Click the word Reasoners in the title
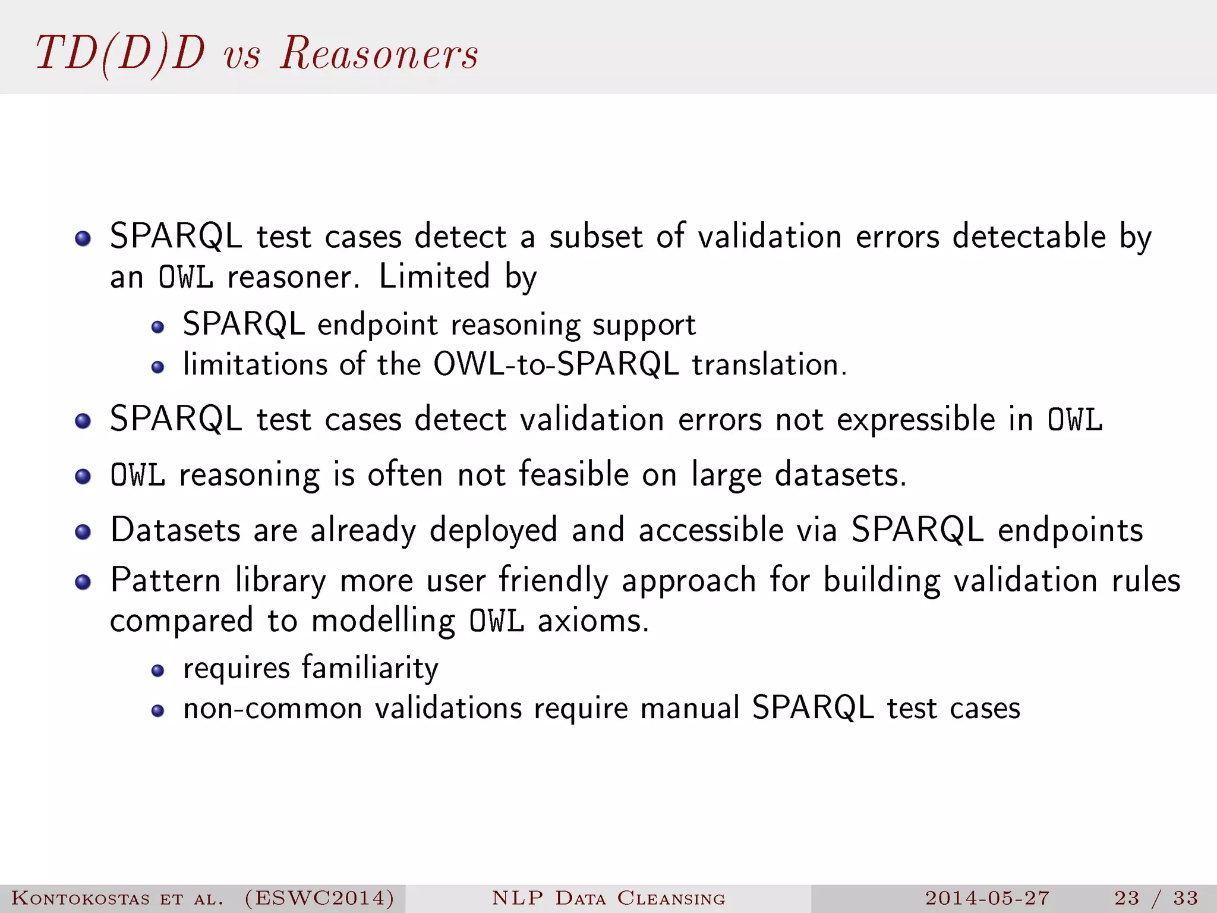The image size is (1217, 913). (379, 53)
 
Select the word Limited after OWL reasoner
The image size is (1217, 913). (434, 276)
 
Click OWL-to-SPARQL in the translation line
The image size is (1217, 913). (556, 364)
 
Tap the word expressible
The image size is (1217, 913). (916, 419)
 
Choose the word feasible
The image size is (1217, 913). (573, 474)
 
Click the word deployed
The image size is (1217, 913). (493, 530)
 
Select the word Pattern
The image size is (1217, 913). (165, 580)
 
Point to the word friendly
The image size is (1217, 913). (553, 580)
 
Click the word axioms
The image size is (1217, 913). (593, 621)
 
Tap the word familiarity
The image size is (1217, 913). (370, 668)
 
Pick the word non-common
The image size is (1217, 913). (273, 708)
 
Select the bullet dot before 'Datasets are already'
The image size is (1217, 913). (83, 531)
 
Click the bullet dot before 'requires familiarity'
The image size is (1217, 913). (157, 670)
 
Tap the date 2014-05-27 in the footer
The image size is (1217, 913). (987, 898)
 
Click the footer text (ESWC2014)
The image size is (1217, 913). (319, 898)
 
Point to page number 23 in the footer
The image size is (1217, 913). (1126, 898)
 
